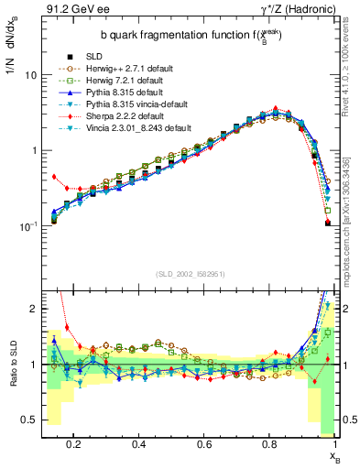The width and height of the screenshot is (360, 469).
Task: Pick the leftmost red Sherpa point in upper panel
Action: [54, 177]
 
